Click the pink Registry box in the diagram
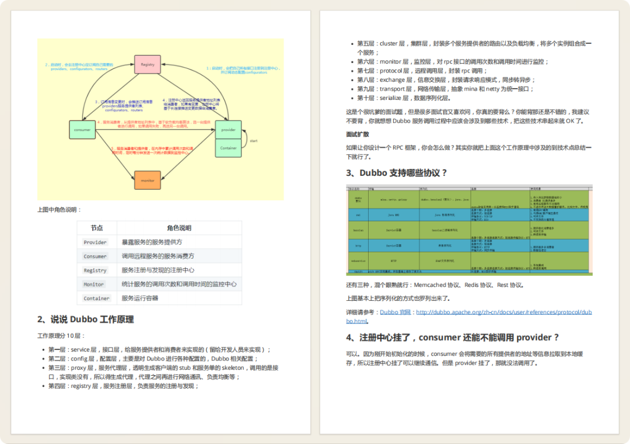coord(148,64)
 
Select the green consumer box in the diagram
coord(82,130)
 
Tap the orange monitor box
coord(148,180)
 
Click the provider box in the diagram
coord(229,130)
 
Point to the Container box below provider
coord(229,148)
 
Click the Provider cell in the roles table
coord(95,242)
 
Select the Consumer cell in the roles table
coord(95,256)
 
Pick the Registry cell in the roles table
coord(95,270)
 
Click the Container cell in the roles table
coord(96,299)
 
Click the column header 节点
coord(97,228)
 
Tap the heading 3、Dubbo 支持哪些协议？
coord(397,173)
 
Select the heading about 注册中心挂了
coord(453,337)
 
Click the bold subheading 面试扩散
coord(357,134)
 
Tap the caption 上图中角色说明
coord(60,210)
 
